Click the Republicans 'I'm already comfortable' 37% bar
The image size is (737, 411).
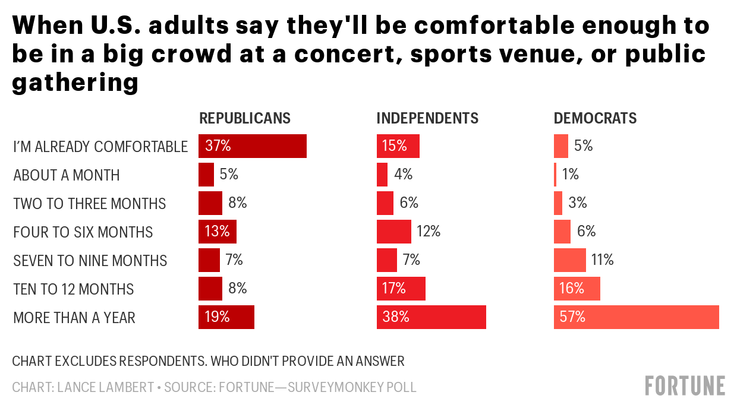pos(252,146)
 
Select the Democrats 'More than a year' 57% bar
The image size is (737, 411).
pos(636,317)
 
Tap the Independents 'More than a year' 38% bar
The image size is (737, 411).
pos(431,317)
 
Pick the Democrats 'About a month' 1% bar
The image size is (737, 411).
pos(555,175)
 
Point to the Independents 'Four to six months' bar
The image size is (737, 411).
pos(393,232)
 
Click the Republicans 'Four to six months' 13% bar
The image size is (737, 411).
pos(217,232)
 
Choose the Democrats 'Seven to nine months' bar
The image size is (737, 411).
pos(569,260)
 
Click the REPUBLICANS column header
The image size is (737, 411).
pos(245,118)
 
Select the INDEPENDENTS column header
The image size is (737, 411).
pos(427,118)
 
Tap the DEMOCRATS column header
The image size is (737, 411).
pos(595,118)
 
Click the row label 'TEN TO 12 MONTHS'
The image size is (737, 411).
pos(74,289)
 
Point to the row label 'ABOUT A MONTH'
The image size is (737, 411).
pos(67,175)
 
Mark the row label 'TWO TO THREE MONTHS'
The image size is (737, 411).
pos(90,204)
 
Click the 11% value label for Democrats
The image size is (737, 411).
pos(603,260)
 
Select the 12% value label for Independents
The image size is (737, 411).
pos(429,232)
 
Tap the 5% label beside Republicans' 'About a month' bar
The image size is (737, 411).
pos(229,175)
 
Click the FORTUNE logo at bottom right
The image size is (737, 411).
pos(685,385)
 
